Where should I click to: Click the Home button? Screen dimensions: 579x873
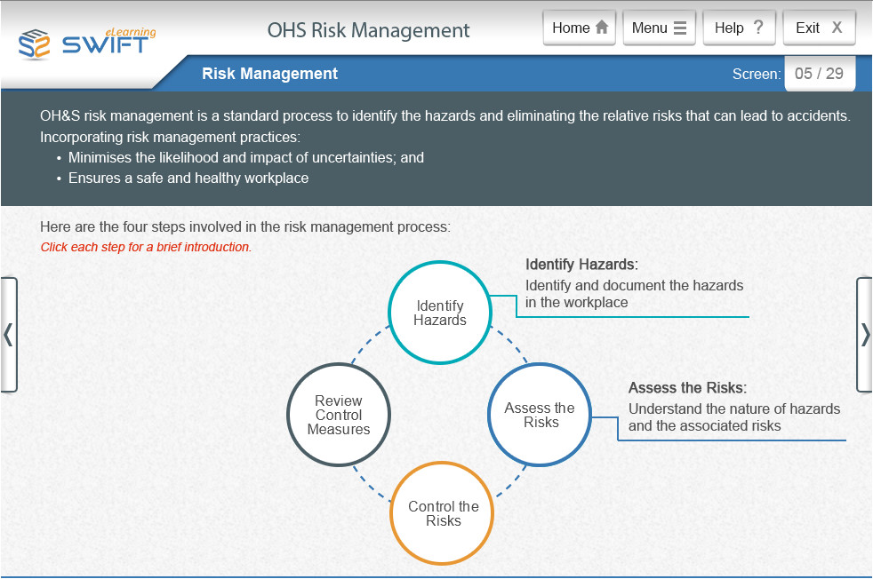pos(581,28)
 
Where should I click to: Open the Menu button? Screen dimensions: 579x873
pos(659,28)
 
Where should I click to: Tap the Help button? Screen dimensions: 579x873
pos(739,28)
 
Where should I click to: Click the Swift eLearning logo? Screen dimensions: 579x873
pos(87,42)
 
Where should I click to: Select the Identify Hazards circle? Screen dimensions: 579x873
pos(440,313)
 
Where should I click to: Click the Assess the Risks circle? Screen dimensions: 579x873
pos(540,415)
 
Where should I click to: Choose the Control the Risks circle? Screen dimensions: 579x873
pos(443,513)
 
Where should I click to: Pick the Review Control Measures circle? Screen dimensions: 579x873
pos(339,415)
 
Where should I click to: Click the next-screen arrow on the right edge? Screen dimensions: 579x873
pos(864,335)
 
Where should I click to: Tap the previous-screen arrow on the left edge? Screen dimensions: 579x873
pos(8,335)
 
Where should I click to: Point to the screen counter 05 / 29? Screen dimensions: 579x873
pos(819,74)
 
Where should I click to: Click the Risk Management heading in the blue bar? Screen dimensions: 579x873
pos(269,74)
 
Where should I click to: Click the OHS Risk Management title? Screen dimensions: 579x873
pos(368,30)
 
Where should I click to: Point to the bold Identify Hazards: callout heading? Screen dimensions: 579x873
pos(581,265)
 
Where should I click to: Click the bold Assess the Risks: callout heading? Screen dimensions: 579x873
pos(687,388)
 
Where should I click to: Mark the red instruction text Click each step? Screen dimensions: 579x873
pos(146,247)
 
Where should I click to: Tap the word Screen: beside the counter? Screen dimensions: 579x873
pos(756,75)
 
